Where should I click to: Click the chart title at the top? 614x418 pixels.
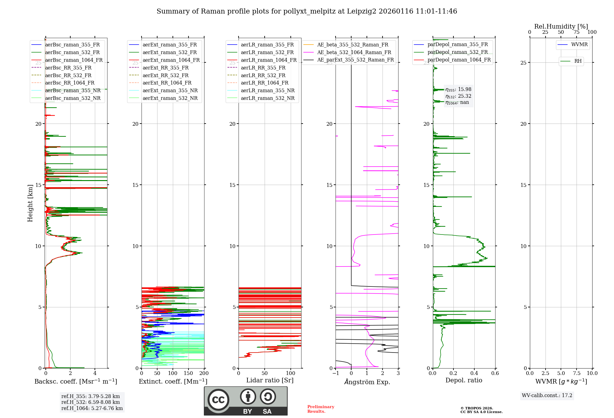click(x=307, y=11)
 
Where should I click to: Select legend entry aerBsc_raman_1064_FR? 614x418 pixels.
click(x=74, y=60)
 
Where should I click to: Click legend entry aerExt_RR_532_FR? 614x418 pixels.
click(x=165, y=75)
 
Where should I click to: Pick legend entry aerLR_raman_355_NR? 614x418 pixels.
click(x=267, y=90)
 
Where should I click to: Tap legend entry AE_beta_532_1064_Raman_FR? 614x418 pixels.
click(x=354, y=52)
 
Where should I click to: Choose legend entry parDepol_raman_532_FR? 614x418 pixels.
click(x=457, y=52)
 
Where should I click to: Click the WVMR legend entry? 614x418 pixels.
click(x=579, y=45)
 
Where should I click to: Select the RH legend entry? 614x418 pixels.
click(x=578, y=61)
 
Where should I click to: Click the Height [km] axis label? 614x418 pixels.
click(x=30, y=203)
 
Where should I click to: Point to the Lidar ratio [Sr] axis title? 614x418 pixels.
click(x=270, y=380)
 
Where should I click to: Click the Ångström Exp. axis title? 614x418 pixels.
click(x=367, y=382)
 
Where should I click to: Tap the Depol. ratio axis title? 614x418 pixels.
click(x=464, y=380)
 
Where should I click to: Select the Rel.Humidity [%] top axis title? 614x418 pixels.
click(x=561, y=26)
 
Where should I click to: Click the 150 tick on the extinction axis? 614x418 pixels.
click(x=188, y=373)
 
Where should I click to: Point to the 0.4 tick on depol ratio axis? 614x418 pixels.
click(x=474, y=373)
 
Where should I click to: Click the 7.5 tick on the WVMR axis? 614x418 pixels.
click(x=577, y=373)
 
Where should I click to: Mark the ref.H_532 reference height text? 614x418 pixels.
click(x=91, y=402)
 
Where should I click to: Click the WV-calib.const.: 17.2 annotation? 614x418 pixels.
click(x=547, y=395)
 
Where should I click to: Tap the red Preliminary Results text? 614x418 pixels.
click(x=321, y=409)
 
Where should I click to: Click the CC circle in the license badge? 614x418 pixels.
click(x=218, y=400)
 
